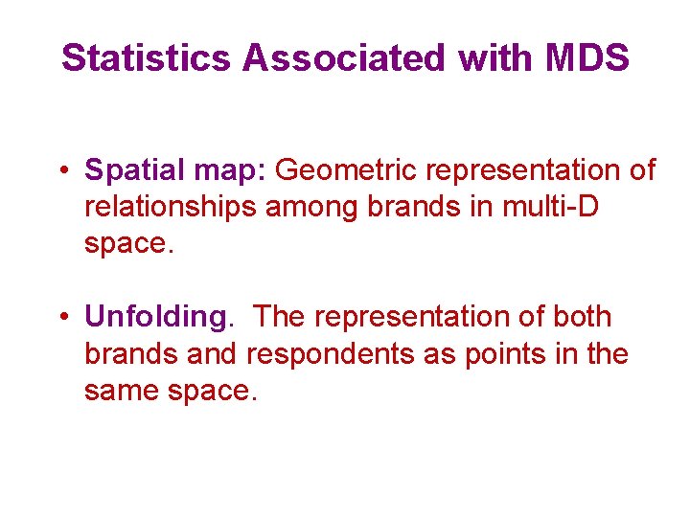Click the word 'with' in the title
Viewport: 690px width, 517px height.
pos(487,58)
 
